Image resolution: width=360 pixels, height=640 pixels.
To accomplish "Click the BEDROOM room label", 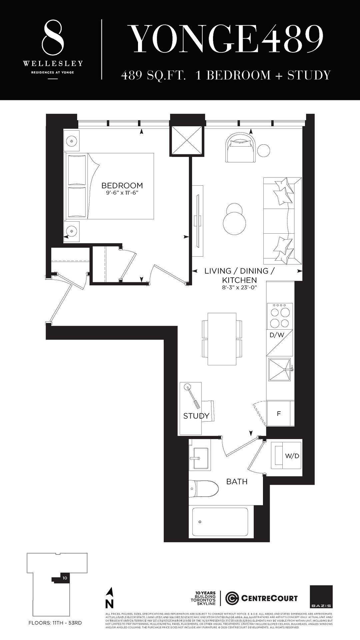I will point(122,185).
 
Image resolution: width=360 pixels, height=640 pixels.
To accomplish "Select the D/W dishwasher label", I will point(277,335).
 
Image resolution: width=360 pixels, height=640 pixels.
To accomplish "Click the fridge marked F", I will point(279,413).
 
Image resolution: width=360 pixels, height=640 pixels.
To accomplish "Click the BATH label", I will point(237,481).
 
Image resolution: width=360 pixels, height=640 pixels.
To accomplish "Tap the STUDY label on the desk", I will point(196,416).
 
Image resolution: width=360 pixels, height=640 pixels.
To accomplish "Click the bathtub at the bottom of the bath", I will point(218,522).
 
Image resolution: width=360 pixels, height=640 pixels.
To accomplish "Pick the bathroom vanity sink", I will point(199,459).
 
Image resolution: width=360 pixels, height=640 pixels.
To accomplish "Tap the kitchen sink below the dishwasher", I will point(280,370).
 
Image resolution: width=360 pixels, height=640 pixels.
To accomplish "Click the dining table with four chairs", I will point(222,339).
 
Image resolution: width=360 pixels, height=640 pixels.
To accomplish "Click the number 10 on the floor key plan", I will point(65,578).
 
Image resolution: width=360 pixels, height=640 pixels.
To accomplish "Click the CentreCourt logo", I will point(262,598).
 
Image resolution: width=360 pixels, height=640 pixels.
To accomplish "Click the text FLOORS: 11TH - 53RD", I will point(55,623).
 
